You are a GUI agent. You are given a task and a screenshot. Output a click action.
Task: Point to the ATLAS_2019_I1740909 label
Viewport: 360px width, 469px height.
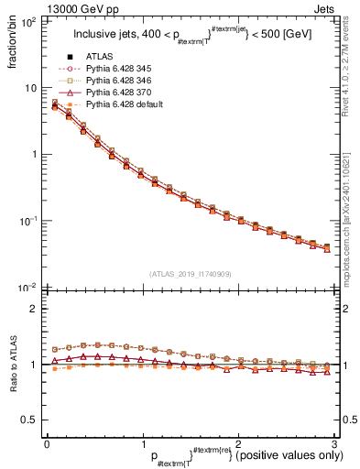pos(190,273)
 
